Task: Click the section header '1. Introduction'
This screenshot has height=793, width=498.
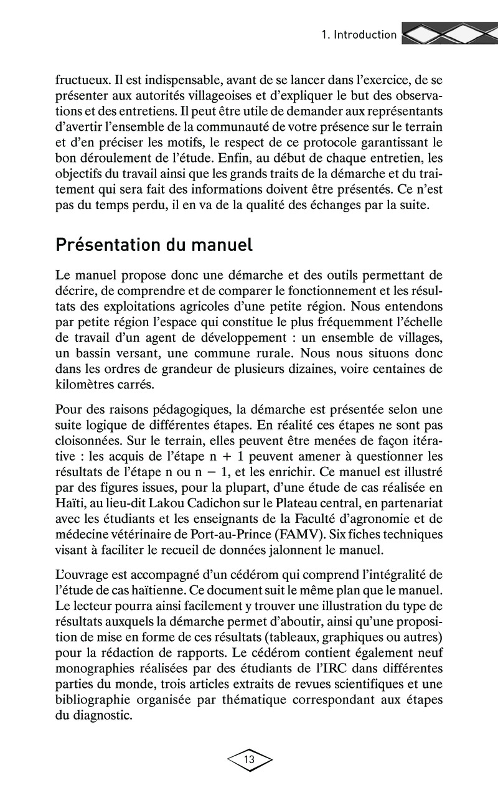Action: coord(359,35)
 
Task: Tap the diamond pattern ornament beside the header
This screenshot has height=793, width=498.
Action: coord(447,35)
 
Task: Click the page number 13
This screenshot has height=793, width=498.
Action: coord(249,759)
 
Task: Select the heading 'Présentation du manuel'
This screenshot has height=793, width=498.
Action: coord(154,245)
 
